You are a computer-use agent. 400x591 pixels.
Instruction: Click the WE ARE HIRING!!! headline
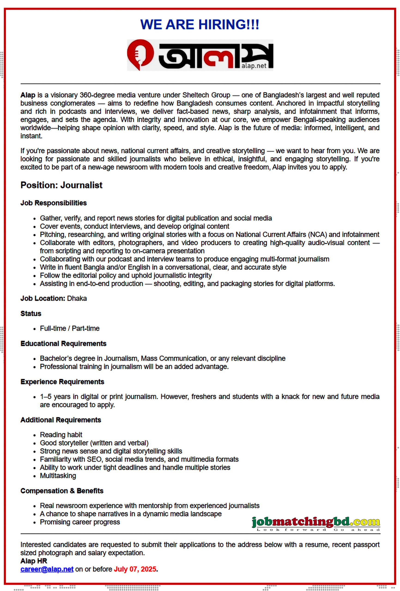tap(200, 25)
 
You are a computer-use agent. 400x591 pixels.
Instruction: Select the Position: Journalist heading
tap(61, 185)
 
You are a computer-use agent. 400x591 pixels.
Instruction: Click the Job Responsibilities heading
tap(53, 203)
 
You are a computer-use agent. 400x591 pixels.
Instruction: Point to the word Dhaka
tap(77, 298)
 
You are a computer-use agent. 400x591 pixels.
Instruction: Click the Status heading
tap(31, 314)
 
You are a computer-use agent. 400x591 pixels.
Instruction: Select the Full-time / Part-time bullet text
tap(70, 328)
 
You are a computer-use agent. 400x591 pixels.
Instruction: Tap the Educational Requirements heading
tap(63, 344)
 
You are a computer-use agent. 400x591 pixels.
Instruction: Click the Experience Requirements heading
tap(62, 382)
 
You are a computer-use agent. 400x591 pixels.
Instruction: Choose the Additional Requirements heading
tap(61, 420)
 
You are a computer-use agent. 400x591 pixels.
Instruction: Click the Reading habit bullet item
tap(61, 435)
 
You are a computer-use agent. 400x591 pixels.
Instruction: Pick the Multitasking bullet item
tap(58, 476)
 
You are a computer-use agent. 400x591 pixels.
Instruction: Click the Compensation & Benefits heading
tap(62, 491)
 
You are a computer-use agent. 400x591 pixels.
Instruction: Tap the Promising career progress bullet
tap(80, 522)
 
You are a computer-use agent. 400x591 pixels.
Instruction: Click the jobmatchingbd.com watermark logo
tap(315, 523)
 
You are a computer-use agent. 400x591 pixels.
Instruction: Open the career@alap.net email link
tap(47, 569)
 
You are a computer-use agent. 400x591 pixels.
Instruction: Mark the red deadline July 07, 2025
tap(135, 569)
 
